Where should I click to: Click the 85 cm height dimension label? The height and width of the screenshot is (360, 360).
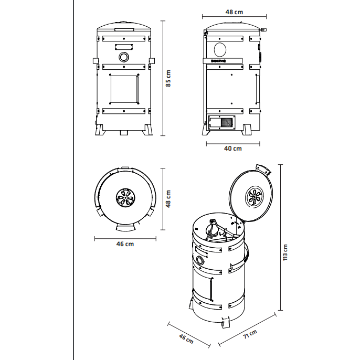point(168,78)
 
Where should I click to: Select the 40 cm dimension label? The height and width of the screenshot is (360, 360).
point(233,149)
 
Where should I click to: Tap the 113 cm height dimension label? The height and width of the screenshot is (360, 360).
point(287,252)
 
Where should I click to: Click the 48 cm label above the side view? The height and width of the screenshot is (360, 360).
point(234,12)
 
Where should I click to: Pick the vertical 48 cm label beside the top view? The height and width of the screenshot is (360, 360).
point(169,199)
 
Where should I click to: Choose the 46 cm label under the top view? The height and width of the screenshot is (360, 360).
point(125,244)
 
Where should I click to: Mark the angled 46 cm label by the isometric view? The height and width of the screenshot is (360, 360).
point(186,338)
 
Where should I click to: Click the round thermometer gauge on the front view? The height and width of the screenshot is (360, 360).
point(124,57)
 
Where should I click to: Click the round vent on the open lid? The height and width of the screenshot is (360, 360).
point(256,198)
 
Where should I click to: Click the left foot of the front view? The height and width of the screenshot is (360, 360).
point(100,130)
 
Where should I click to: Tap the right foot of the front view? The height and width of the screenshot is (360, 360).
point(147,130)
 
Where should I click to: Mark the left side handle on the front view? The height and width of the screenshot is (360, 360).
point(94,61)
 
